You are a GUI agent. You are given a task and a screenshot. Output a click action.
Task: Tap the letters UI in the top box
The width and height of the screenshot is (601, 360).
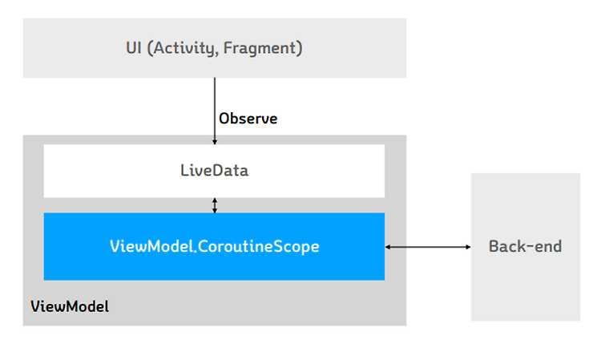(134, 48)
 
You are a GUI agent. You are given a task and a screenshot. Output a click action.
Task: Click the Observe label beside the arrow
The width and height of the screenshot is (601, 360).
(248, 119)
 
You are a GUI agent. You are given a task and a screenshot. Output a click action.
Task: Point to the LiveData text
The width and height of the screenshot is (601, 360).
(214, 171)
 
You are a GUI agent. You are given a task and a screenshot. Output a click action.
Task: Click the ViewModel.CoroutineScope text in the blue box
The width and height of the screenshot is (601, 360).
(214, 246)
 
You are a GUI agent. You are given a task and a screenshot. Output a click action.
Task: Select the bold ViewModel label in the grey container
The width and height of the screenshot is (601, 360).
(70, 306)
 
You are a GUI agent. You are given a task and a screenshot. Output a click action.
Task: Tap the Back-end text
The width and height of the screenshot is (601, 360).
(525, 246)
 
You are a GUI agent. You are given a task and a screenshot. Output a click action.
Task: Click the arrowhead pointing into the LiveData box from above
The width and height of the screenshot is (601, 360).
(215, 142)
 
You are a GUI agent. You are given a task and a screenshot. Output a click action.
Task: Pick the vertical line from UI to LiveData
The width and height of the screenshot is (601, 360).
(215, 111)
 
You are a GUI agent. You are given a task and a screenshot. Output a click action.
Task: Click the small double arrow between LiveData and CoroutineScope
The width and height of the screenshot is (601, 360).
(215, 205)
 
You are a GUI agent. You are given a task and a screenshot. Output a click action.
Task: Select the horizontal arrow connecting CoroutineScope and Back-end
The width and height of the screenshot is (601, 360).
(428, 247)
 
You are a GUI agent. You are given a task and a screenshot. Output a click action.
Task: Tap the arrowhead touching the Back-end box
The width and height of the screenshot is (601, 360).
(469, 247)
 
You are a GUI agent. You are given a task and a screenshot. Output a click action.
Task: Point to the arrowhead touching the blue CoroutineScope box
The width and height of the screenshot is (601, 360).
(388, 247)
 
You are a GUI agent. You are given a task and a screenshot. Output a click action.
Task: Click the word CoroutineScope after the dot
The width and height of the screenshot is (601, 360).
(259, 246)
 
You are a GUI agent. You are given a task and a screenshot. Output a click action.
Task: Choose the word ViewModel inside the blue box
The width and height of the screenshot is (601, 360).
(151, 246)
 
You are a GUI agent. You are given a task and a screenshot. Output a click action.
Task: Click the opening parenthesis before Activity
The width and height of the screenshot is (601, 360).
(150, 49)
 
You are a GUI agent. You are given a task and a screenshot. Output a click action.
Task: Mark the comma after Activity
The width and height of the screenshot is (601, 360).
(217, 55)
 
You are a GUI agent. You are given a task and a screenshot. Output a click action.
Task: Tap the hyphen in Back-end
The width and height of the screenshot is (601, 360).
(529, 247)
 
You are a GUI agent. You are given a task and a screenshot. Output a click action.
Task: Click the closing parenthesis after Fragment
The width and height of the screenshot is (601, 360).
(300, 49)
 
